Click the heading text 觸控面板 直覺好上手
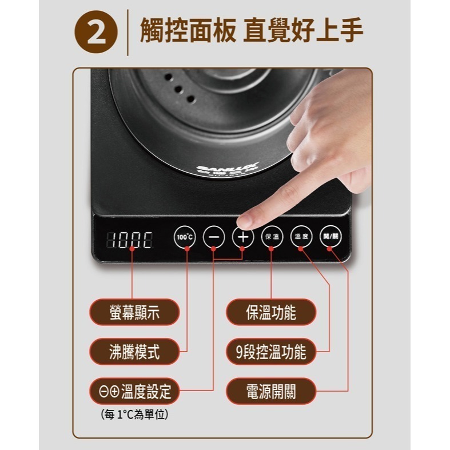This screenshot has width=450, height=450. [252, 31]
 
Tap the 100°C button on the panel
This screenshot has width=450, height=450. [184, 236]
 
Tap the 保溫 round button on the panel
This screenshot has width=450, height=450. [271, 236]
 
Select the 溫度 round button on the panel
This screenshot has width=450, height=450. [301, 236]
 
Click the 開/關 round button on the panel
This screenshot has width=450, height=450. [330, 236]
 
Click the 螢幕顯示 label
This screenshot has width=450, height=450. [134, 312]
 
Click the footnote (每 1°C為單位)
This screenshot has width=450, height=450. [134, 415]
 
